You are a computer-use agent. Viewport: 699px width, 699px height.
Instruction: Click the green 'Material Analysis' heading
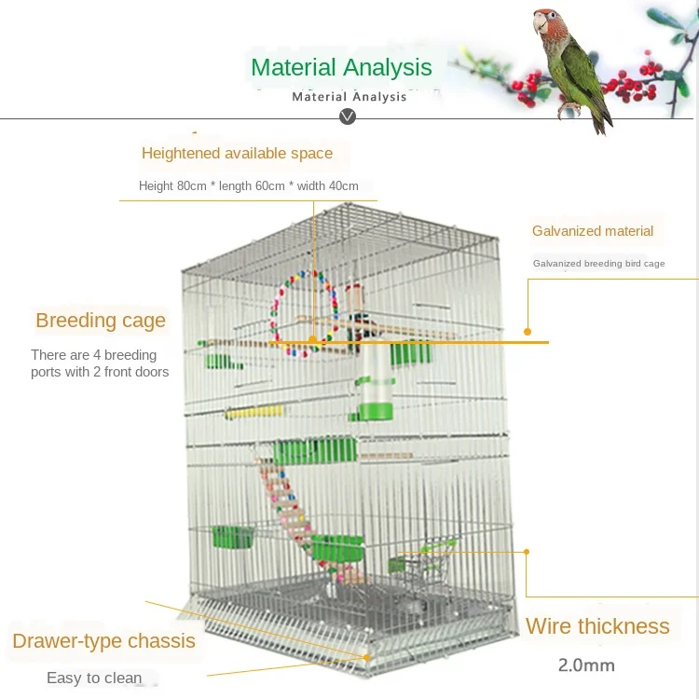coord(341,67)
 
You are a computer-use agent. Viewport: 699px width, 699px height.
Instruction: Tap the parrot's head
coord(549,26)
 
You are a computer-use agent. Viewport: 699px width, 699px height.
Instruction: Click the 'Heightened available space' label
coord(237,153)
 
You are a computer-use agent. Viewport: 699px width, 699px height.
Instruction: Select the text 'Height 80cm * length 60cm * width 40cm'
coord(249,185)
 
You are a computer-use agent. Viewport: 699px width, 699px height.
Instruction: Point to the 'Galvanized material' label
coord(593,231)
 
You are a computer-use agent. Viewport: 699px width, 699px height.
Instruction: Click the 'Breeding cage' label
coord(101,321)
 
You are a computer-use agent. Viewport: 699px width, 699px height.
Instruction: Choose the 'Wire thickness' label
coord(597,626)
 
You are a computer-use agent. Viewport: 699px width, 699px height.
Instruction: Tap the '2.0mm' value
coord(586,665)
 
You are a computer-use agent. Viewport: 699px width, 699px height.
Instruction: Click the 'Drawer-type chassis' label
coord(103,641)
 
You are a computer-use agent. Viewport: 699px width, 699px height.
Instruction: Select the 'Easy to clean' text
coord(94,678)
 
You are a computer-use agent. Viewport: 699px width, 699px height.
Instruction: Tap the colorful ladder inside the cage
coord(288,508)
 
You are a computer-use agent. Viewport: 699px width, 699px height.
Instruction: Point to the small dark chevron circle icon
coord(349,116)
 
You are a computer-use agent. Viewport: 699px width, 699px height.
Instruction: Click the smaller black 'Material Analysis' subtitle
coord(349,97)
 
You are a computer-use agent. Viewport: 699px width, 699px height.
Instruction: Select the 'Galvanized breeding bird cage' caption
coord(598,264)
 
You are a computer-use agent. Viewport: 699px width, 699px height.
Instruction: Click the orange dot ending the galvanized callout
coord(528,331)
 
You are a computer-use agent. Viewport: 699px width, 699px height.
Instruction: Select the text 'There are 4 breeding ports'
coord(93,355)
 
